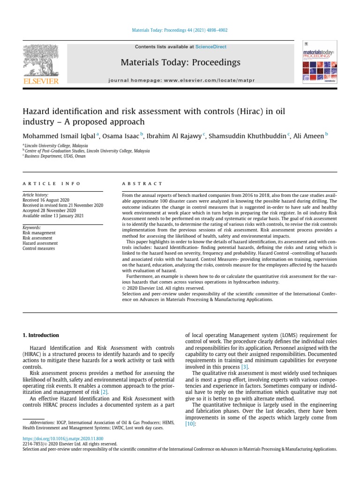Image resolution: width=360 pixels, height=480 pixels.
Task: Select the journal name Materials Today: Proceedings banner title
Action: tap(180, 62)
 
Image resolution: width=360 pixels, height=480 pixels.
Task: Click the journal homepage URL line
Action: tap(180, 80)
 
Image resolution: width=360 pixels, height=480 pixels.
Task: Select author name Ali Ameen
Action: tap(309, 136)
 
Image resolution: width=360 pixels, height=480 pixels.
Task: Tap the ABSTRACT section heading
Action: tap(142, 184)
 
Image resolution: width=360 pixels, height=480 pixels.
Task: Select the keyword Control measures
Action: tap(39, 248)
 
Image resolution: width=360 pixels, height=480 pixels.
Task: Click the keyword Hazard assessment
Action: tap(40, 243)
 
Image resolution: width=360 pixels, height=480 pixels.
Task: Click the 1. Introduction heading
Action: tap(41, 335)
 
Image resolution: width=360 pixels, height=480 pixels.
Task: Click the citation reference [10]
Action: tap(190, 423)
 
